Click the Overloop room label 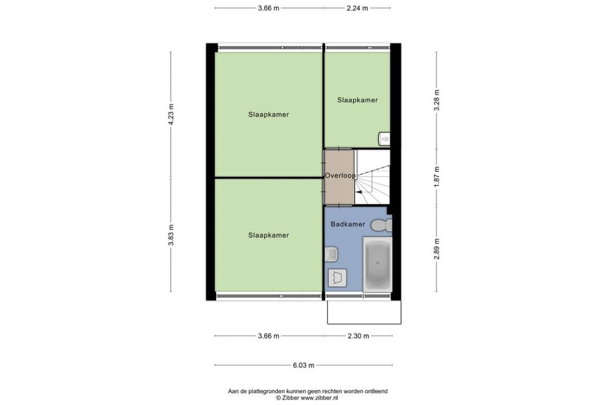340,176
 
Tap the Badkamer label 348,224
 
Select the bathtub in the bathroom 377,264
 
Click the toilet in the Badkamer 381,225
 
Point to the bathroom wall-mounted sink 331,254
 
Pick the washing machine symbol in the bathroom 337,278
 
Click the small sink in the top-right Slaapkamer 384,139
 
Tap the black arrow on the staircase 359,192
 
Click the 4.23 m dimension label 171,114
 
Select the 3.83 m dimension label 171,235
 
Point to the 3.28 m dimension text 437,100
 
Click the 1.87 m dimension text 437,177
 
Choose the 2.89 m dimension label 437,249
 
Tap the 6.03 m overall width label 303,366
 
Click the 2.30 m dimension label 358,336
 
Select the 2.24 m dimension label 357,8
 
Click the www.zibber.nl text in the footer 319,398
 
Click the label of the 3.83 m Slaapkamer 269,235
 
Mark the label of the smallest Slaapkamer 358,100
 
